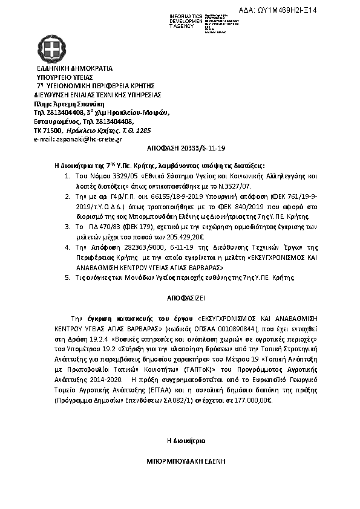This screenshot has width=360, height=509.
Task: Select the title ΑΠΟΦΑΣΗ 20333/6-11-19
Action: pyautogui.click(x=180, y=149)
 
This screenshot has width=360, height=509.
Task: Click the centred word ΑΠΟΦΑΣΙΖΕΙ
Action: pyautogui.click(x=180, y=298)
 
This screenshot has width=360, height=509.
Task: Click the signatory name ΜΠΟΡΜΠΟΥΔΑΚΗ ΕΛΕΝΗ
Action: pyautogui.click(x=180, y=461)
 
